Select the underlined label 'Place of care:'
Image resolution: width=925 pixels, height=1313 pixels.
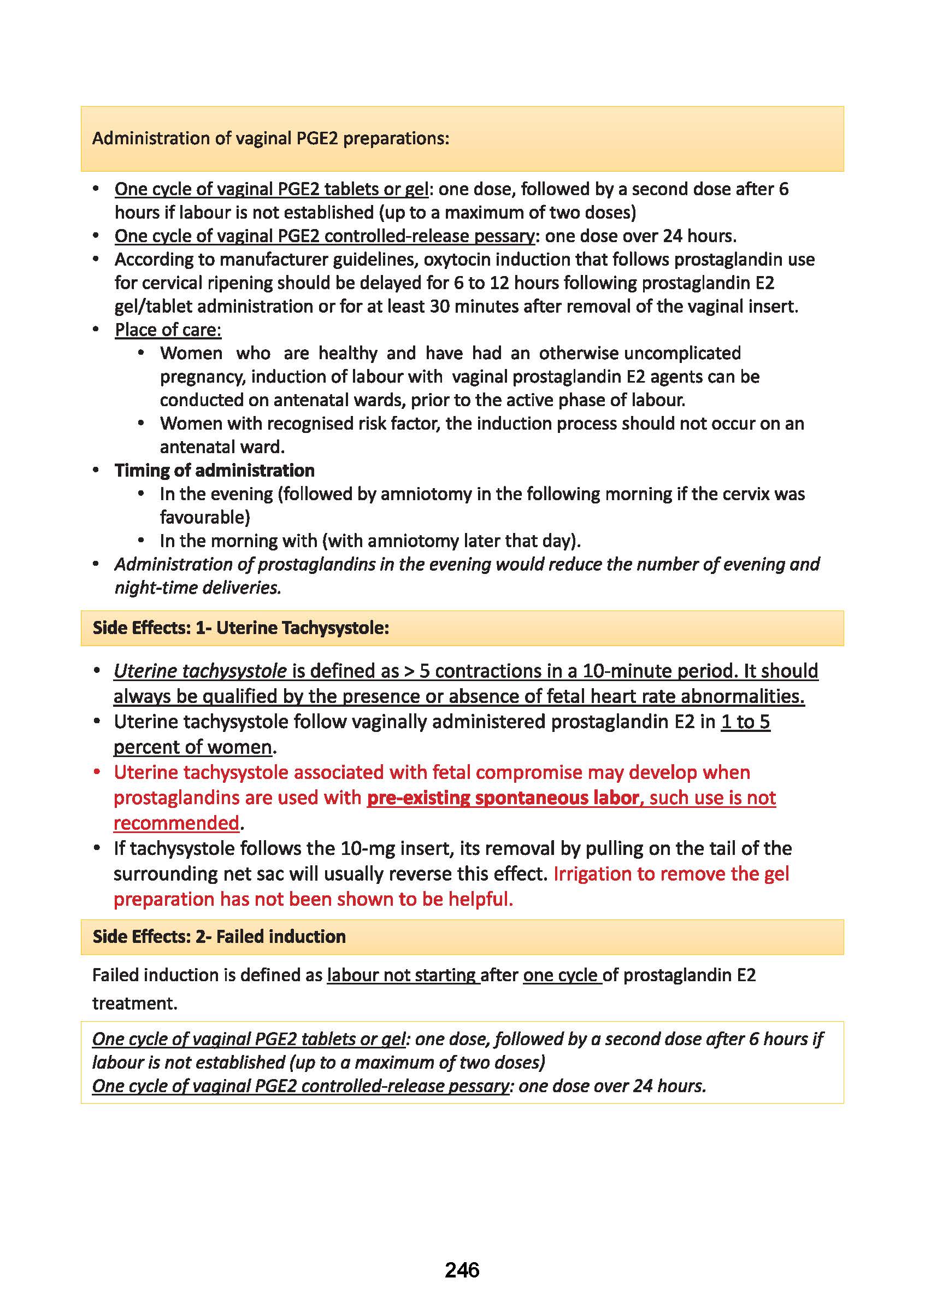tap(168, 330)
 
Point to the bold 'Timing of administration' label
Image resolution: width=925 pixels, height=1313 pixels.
tap(214, 471)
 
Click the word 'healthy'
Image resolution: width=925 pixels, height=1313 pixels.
tap(347, 354)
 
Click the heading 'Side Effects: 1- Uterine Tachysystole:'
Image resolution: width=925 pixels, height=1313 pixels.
tap(241, 628)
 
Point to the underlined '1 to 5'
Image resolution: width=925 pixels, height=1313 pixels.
tap(745, 722)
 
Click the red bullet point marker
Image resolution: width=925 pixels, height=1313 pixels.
tap(97, 772)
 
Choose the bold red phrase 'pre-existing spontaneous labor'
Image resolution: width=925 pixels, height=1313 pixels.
tap(503, 798)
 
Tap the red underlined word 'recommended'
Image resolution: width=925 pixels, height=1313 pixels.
tap(176, 823)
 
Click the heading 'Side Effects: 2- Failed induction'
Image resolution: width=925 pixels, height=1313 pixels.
tap(219, 937)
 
